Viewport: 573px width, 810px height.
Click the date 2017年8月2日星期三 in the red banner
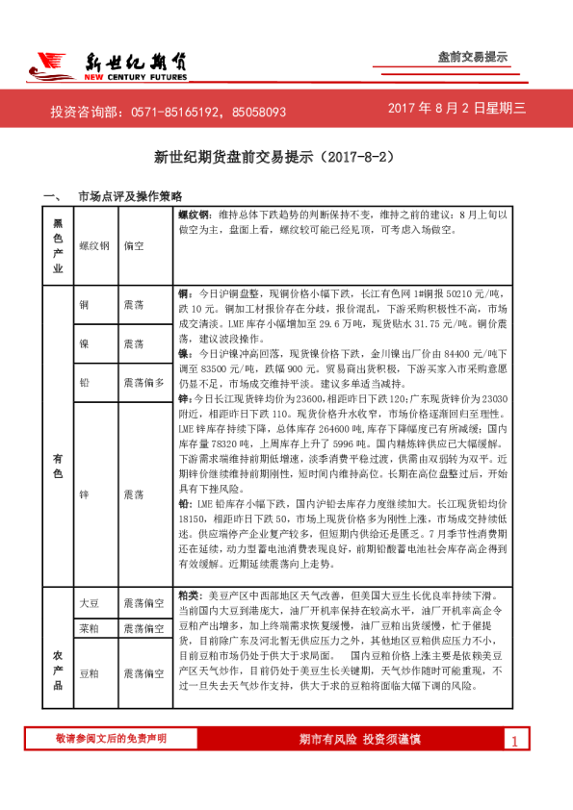[457, 109]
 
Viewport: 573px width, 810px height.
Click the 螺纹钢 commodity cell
[94, 246]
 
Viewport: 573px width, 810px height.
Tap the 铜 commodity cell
[85, 304]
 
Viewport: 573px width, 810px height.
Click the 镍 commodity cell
[85, 342]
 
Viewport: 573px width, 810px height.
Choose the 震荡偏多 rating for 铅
[144, 382]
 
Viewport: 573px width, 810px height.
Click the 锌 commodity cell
[85, 494]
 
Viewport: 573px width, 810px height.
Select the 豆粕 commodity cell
[89, 674]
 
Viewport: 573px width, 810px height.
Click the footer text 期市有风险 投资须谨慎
[359, 739]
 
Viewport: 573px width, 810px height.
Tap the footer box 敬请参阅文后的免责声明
[111, 738]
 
